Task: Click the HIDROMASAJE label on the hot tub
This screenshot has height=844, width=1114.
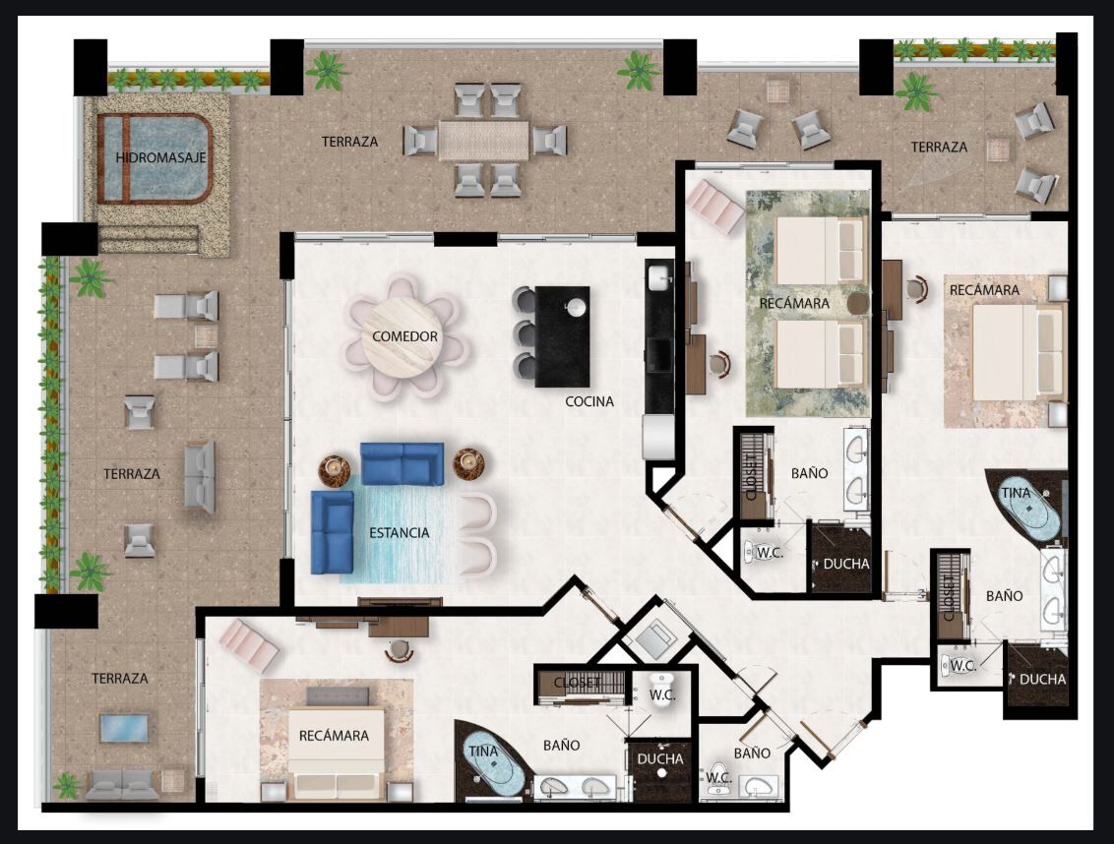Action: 160,157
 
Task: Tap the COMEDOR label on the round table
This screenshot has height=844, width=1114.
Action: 405,336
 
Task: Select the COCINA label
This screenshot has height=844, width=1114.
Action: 588,401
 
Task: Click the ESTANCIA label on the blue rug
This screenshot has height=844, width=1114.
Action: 400,533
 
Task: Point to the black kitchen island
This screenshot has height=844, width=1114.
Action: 562,336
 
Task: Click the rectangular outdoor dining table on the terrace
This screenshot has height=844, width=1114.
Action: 484,140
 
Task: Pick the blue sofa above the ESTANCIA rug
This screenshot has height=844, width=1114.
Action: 402,463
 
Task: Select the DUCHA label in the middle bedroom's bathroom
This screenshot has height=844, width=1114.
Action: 845,564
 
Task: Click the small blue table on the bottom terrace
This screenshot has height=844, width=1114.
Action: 124,728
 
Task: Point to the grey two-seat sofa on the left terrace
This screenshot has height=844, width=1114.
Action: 200,477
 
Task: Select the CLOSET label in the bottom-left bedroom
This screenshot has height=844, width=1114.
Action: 577,683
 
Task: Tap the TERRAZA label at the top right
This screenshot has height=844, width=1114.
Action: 939,148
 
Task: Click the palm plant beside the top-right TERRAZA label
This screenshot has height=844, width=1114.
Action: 916,91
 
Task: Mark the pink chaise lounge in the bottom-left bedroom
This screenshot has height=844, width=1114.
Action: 249,645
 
